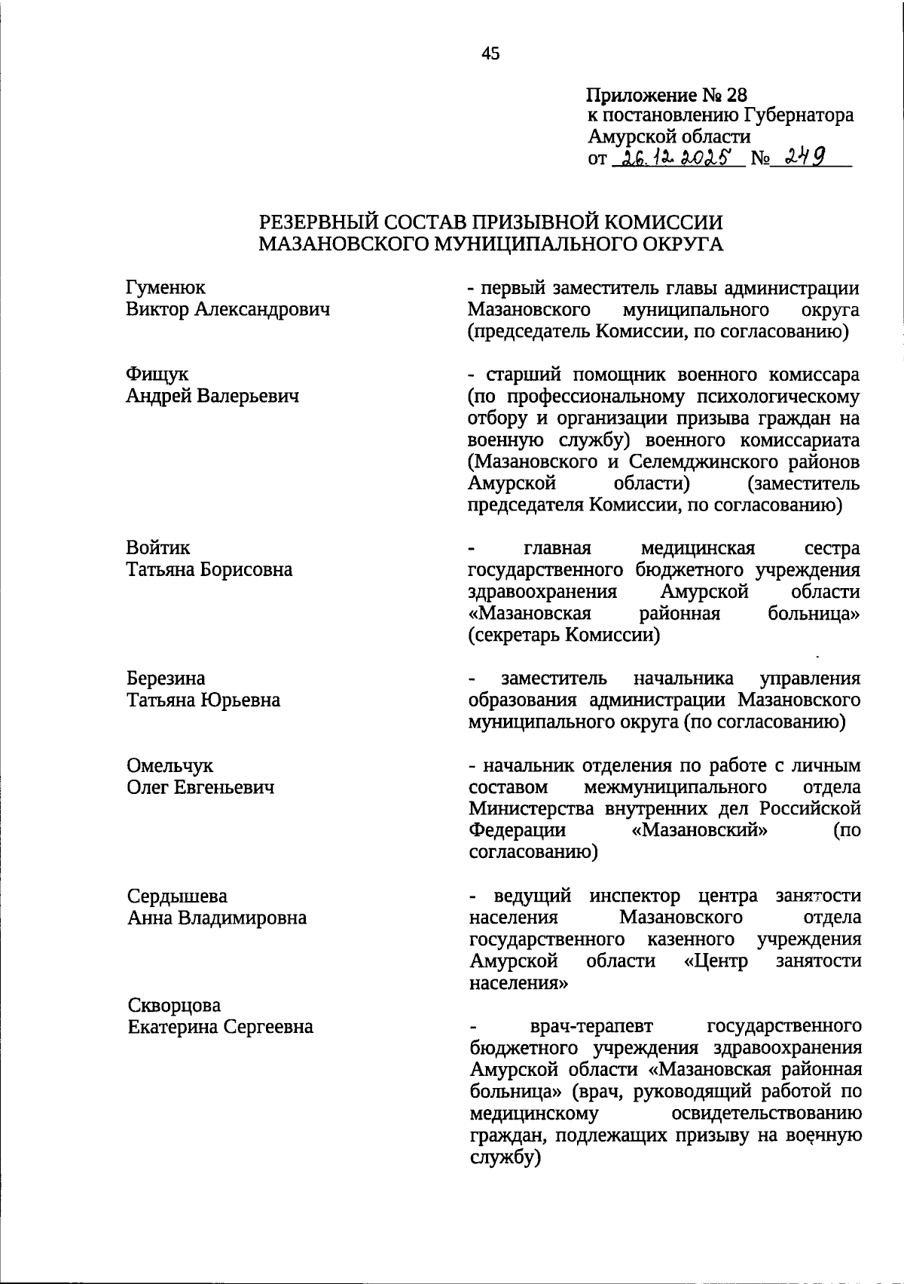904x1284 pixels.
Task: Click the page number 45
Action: pyautogui.click(x=490, y=54)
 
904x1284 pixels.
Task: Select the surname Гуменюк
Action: pyautogui.click(x=166, y=288)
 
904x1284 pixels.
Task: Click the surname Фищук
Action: pyautogui.click(x=157, y=375)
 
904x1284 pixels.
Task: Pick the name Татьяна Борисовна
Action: pyautogui.click(x=209, y=570)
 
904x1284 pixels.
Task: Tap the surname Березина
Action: pyautogui.click(x=166, y=679)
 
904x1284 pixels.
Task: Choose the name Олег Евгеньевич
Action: pyautogui.click(x=200, y=788)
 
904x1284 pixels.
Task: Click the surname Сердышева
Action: pyautogui.click(x=177, y=896)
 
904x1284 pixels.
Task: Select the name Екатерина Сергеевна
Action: pyautogui.click(x=220, y=1027)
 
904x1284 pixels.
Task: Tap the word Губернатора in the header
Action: pyautogui.click(x=799, y=115)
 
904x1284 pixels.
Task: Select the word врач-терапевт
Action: pyautogui.click(x=591, y=1027)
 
